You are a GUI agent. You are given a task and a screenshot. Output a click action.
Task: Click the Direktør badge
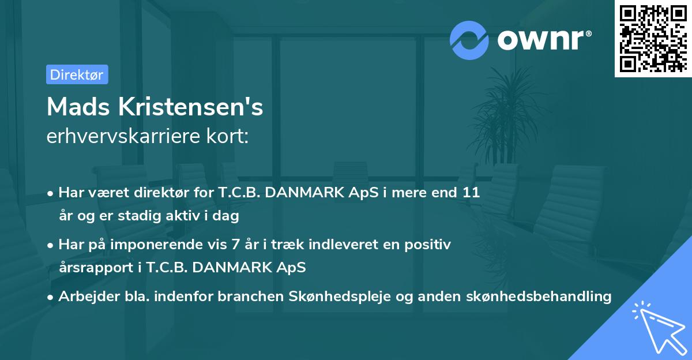[x=77, y=74]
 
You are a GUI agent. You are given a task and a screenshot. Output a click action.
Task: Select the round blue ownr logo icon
[x=469, y=40]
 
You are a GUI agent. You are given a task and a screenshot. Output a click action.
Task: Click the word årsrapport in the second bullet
[x=94, y=268]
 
